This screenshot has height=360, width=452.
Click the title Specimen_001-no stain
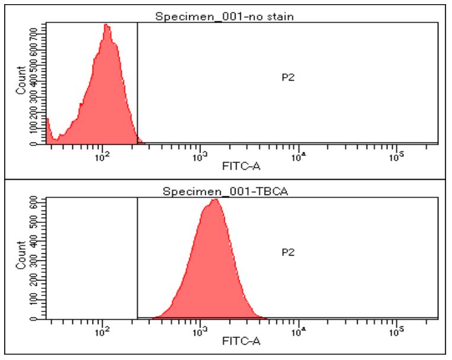[x=225, y=17]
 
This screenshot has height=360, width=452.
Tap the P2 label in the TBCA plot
[x=288, y=253]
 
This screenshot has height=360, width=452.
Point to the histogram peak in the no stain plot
[x=106, y=26]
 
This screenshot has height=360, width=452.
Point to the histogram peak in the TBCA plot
[x=215, y=200]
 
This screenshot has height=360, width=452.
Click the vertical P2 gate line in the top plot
[x=137, y=83]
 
